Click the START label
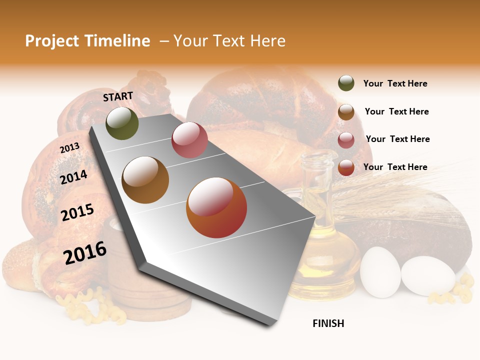(118, 96)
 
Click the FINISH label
(328, 323)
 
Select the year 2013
(69, 147)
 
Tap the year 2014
(73, 177)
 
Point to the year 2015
(77, 212)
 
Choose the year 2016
(85, 252)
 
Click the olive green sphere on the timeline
(122, 123)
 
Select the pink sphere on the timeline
(189, 140)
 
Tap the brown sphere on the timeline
(145, 180)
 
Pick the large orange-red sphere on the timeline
(216, 207)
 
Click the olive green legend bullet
(346, 83)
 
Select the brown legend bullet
(346, 112)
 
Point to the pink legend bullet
(346, 140)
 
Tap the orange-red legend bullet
(346, 167)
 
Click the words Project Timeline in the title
(87, 41)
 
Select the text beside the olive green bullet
(395, 84)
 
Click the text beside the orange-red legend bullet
(395, 167)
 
